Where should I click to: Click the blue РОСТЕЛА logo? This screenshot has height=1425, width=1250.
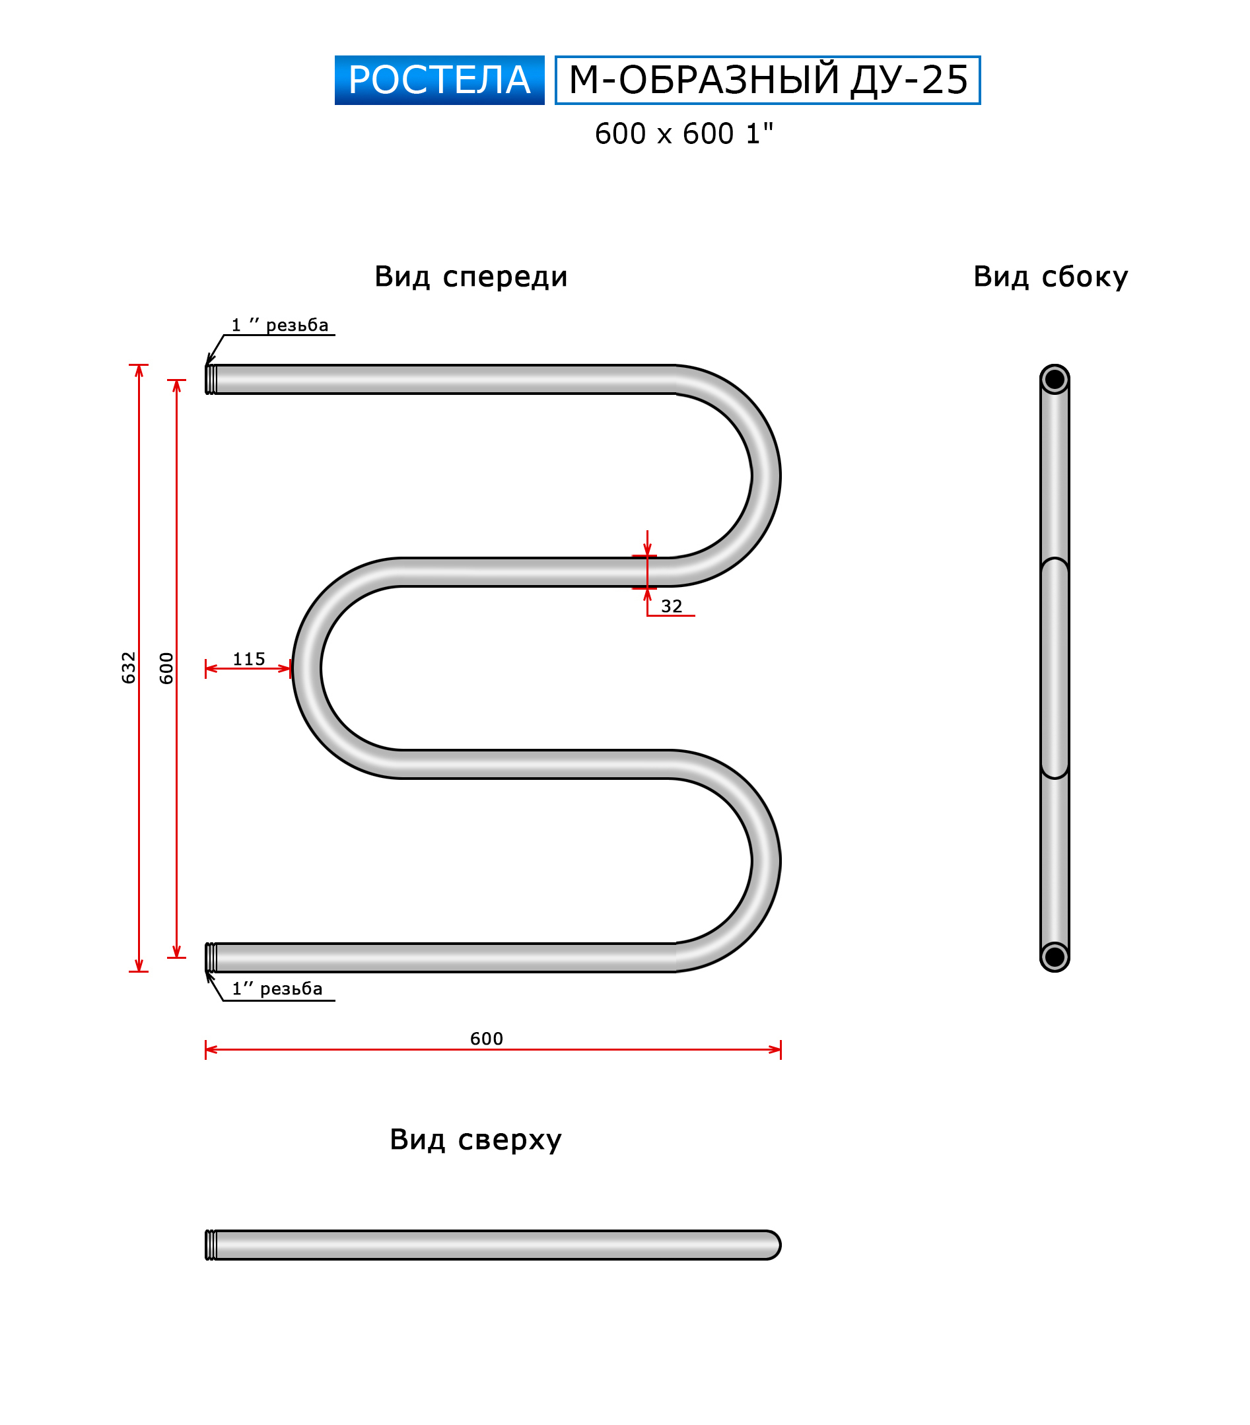[x=438, y=80]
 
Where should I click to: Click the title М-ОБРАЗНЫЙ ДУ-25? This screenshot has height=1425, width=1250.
[x=767, y=80]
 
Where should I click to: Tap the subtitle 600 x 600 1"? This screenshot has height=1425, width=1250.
[x=683, y=133]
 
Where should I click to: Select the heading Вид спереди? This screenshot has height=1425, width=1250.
[x=471, y=277]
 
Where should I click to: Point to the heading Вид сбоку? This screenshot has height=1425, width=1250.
[x=1050, y=277]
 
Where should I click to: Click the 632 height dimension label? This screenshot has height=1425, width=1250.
[x=128, y=667]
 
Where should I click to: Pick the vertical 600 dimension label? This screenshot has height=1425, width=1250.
[x=166, y=667]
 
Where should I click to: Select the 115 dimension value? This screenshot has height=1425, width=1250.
[x=249, y=659]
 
